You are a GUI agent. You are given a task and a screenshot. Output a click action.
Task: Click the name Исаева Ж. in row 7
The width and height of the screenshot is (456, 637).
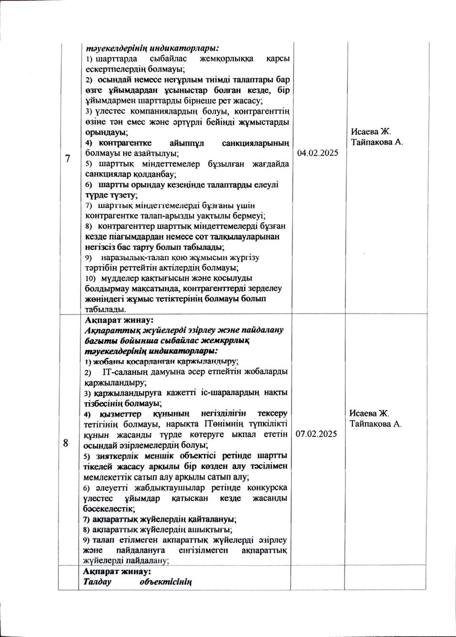coord(371,131)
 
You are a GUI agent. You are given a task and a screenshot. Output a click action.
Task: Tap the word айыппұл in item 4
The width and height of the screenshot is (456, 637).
coord(185,143)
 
